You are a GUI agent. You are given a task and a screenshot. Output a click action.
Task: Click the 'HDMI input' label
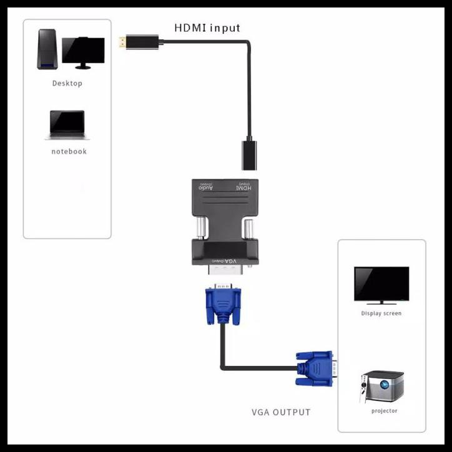(x=207, y=28)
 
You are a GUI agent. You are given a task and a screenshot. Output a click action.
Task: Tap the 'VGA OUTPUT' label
(x=280, y=412)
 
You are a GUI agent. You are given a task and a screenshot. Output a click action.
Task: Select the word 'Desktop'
(x=67, y=83)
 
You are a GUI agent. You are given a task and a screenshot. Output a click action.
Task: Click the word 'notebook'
(x=69, y=152)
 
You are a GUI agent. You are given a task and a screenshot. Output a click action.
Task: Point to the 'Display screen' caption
(x=381, y=313)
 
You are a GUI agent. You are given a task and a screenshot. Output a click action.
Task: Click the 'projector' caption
(x=384, y=411)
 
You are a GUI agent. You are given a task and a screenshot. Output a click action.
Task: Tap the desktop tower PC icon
(x=47, y=50)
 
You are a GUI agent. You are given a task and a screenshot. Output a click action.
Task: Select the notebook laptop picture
(x=67, y=125)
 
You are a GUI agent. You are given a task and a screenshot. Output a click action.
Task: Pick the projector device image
(x=382, y=387)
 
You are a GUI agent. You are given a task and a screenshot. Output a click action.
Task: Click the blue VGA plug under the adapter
(x=223, y=305)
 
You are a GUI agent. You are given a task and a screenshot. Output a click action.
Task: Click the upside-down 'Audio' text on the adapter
(x=206, y=187)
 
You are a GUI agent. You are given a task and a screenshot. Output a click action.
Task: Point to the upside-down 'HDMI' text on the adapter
(x=244, y=187)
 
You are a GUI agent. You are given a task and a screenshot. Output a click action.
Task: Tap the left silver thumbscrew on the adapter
(x=199, y=228)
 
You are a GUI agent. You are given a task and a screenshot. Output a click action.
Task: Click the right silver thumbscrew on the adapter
(x=248, y=228)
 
